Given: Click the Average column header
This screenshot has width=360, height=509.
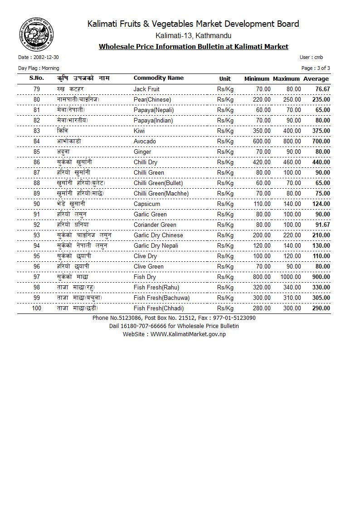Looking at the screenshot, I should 316,78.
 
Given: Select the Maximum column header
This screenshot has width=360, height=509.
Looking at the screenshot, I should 286,78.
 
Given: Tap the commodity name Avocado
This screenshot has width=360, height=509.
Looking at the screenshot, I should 145,141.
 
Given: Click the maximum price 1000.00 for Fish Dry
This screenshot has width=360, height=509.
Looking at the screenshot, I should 291,277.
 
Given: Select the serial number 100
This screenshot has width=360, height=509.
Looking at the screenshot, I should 37,308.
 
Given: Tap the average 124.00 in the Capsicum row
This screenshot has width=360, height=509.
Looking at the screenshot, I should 321,204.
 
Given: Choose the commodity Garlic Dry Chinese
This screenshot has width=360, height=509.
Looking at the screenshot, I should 158,235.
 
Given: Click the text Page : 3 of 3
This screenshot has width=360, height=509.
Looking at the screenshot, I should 316,68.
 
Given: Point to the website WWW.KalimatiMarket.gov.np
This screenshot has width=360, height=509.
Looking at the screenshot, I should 188,334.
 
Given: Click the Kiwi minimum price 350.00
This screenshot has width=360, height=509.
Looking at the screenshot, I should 262,131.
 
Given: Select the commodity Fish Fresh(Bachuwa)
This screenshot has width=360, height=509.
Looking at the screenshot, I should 161,298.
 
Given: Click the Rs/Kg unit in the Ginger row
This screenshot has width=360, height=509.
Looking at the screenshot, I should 225,152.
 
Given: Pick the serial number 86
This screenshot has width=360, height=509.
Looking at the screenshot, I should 37,162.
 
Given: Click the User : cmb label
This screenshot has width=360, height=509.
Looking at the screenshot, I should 311,57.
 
